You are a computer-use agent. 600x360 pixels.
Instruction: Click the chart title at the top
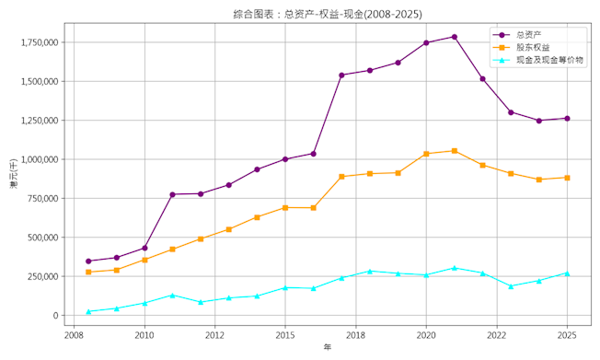point(328,14)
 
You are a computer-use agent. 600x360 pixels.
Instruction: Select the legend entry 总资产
point(529,35)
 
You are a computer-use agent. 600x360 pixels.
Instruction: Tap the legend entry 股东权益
point(533,48)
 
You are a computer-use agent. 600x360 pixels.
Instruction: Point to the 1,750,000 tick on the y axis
point(40,42)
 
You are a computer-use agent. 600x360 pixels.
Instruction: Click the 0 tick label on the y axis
point(56,316)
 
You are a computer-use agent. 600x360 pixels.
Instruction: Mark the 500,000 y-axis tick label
point(43,238)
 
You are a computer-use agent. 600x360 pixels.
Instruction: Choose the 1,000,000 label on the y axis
point(40,159)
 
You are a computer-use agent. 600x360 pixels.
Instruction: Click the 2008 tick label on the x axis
point(75,335)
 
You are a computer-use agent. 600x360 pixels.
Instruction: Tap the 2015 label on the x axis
point(285,335)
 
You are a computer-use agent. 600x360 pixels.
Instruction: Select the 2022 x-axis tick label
point(497,335)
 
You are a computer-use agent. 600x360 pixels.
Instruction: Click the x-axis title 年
point(328,347)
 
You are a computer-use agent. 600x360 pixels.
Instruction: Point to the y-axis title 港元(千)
point(14,173)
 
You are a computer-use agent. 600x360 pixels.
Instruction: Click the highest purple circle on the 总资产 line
point(455,37)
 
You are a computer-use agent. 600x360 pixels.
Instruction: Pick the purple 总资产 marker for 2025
point(568,119)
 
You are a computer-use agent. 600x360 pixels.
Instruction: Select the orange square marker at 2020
point(426,154)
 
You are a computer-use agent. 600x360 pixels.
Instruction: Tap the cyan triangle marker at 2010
point(144,303)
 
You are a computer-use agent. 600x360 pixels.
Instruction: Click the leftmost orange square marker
point(88,273)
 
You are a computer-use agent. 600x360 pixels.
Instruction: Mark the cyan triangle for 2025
point(568,273)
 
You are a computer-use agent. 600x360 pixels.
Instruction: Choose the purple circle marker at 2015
point(285,159)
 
